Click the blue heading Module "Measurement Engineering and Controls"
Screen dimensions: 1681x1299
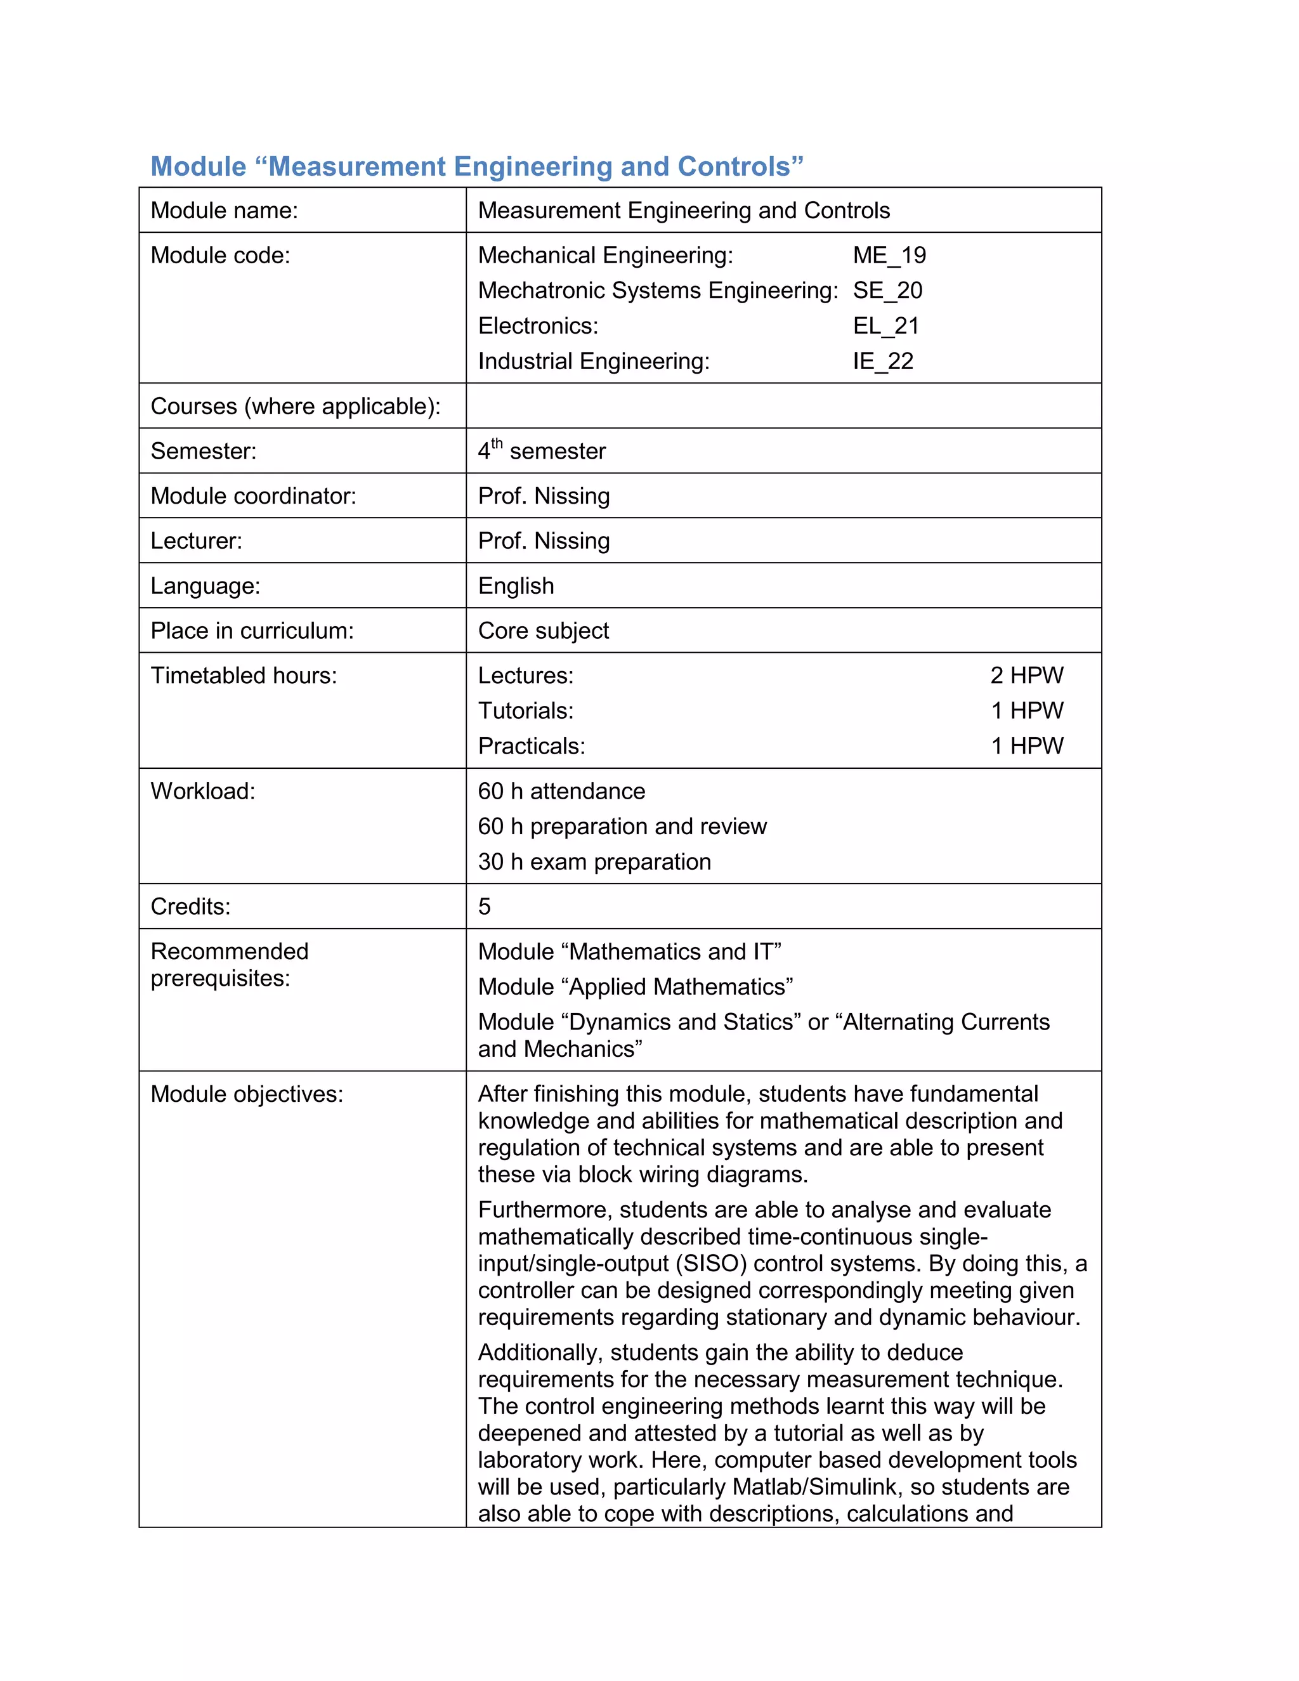[476, 167]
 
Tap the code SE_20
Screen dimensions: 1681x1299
[887, 291]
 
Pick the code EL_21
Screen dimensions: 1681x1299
[885, 326]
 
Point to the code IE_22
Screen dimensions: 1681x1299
[883, 362]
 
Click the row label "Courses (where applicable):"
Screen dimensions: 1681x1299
[296, 407]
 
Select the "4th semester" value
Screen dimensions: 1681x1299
[542, 451]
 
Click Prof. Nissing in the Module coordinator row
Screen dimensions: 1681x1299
[544, 497]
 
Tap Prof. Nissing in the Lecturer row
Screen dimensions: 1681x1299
[544, 541]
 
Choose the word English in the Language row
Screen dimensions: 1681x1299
[516, 587]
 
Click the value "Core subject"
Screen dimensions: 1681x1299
[544, 631]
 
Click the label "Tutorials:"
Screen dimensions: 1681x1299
[526, 711]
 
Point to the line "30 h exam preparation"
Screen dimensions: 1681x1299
[594, 862]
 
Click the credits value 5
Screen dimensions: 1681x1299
[484, 906]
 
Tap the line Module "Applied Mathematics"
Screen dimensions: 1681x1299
[635, 987]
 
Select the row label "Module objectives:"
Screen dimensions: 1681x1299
[246, 1094]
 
